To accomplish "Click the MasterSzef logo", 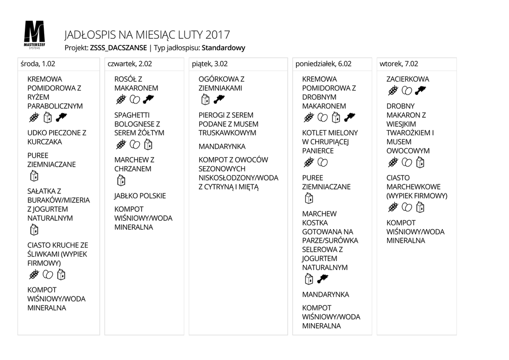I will pyautogui.click(x=34, y=34).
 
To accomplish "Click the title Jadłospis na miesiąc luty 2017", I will pyautogui.click(x=147, y=35).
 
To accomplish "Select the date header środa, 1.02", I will pyautogui.click(x=38, y=64).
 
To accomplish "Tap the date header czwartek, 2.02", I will pyautogui.click(x=130, y=64).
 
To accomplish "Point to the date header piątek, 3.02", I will pyautogui.click(x=210, y=64).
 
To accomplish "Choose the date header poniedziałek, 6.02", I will pyautogui.click(x=324, y=64).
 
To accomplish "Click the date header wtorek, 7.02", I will pyautogui.click(x=399, y=64).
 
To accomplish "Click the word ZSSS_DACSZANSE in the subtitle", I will pyautogui.click(x=118, y=48).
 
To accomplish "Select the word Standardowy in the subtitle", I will pyautogui.click(x=224, y=48).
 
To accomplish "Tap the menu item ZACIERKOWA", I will pyautogui.click(x=408, y=79).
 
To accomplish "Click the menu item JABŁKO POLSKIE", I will pyautogui.click(x=140, y=196).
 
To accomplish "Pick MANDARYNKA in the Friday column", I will pyautogui.click(x=222, y=147).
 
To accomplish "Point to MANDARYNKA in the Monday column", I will pyautogui.click(x=326, y=294).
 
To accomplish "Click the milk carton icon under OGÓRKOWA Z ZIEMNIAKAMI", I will pyautogui.click(x=204, y=100).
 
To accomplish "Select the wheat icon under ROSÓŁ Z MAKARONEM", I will pyautogui.click(x=120, y=100).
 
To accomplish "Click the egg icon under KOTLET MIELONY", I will pyautogui.click(x=323, y=163).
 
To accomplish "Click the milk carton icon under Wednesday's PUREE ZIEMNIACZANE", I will pyautogui.click(x=34, y=176).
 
